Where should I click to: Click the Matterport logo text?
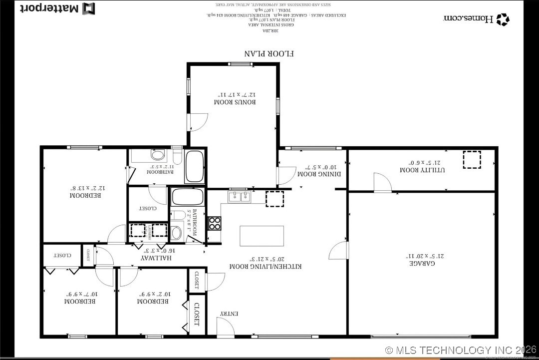49,8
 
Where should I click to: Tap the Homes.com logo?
476,19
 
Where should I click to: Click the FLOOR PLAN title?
269,53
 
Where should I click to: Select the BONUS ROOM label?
235,102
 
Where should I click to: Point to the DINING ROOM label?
319,174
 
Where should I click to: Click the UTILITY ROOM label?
423,170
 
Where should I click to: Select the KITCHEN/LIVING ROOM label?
265,267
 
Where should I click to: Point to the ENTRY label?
230,314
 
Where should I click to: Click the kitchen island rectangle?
262,236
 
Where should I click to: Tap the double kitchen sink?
241,197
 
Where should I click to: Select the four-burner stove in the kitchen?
214,223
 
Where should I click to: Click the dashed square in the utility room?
471,160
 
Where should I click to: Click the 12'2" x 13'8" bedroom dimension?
85,188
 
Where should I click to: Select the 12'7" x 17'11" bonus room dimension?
235,94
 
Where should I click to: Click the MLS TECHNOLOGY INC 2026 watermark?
460,350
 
